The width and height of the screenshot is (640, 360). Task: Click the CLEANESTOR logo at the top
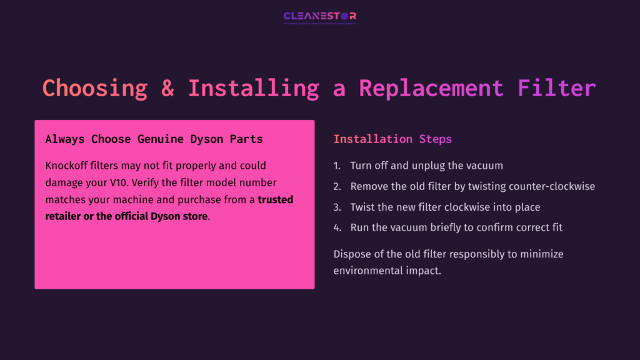click(x=319, y=16)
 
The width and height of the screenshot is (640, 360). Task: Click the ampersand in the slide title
click(x=167, y=87)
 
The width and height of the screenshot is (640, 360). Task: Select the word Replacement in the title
click(x=431, y=87)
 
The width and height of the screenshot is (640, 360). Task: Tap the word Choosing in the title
click(x=94, y=87)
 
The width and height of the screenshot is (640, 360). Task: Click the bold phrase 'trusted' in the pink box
click(x=275, y=200)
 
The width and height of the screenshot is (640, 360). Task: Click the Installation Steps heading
click(x=392, y=139)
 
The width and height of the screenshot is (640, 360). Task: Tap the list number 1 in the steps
click(x=336, y=166)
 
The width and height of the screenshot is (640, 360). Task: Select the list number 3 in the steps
click(x=336, y=207)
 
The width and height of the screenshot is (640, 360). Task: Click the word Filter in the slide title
click(x=556, y=87)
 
